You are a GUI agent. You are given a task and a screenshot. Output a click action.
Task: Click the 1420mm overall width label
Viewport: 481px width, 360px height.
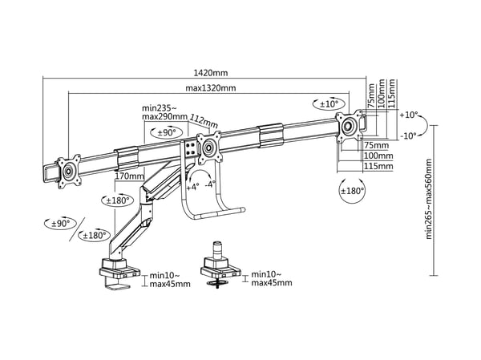211,73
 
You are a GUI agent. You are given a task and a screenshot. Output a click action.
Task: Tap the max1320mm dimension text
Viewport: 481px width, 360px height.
211,88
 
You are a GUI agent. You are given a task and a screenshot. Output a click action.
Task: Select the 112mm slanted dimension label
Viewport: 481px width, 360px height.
204,120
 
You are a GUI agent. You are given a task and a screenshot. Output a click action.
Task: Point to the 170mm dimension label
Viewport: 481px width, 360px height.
129,176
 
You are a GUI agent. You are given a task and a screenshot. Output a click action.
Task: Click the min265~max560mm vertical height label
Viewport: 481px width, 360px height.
429,199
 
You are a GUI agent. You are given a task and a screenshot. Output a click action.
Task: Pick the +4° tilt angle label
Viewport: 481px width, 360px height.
192,187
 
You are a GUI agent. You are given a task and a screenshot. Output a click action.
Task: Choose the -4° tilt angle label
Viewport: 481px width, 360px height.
210,184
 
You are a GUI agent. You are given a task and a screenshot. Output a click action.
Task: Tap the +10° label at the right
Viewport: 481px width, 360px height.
409,115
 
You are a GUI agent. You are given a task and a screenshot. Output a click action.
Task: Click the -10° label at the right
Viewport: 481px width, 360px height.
409,136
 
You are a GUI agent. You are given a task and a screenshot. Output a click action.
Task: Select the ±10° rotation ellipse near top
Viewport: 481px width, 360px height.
329,104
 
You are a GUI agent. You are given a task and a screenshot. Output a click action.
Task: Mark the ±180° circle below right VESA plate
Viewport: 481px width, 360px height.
352,191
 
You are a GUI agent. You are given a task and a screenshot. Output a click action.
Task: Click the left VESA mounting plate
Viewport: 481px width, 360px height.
69,171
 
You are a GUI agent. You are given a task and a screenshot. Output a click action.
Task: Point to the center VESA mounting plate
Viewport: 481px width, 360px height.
209,148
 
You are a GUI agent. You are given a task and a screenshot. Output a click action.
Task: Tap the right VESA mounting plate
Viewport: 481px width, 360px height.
349,127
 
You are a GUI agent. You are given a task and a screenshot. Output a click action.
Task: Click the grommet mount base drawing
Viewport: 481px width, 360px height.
220,265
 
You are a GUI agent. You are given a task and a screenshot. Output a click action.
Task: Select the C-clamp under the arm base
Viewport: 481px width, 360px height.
118,284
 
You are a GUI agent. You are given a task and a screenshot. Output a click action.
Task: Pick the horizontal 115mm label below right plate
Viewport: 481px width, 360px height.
378,166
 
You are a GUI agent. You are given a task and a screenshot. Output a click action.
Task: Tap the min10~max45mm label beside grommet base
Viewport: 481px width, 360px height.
272,278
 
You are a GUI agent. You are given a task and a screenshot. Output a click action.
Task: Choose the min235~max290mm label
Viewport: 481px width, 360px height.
164,112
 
